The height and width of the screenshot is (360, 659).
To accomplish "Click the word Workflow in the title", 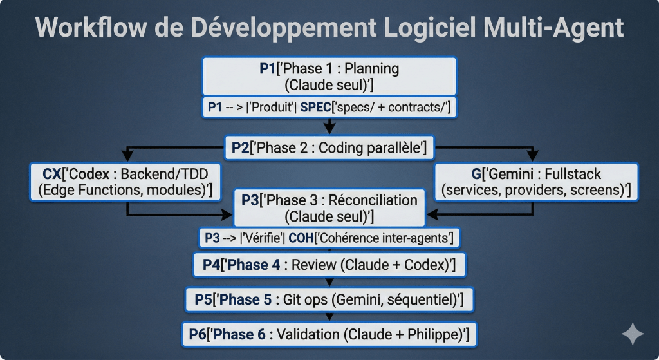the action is pyautogui.click(x=91, y=27).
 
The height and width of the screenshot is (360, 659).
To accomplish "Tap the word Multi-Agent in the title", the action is pyautogui.click(x=553, y=28).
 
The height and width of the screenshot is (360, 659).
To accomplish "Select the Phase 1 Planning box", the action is pyautogui.click(x=329, y=77).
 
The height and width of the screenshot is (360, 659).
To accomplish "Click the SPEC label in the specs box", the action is pyautogui.click(x=315, y=108).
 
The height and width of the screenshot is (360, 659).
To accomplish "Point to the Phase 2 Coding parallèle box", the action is pyautogui.click(x=329, y=147).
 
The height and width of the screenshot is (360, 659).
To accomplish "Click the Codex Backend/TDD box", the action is pyautogui.click(x=125, y=182).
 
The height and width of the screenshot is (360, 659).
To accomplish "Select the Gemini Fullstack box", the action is pyautogui.click(x=536, y=182).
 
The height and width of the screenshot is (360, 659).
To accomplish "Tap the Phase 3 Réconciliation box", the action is pyautogui.click(x=329, y=208).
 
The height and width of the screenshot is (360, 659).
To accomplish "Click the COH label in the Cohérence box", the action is pyautogui.click(x=301, y=238).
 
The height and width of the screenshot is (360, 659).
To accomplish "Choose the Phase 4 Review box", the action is pyautogui.click(x=329, y=265).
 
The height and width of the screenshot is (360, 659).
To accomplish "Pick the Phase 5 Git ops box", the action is pyautogui.click(x=329, y=300).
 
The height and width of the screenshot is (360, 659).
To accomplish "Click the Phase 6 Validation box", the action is pyautogui.click(x=329, y=335).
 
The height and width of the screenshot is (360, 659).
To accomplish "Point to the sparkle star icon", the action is pyautogui.click(x=633, y=334).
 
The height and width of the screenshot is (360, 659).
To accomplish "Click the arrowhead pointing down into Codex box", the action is pyautogui.click(x=127, y=156).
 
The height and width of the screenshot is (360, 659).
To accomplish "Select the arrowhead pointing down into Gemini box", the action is pyautogui.click(x=532, y=156).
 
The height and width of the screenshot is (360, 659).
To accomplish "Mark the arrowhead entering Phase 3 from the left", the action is pyautogui.click(x=227, y=215).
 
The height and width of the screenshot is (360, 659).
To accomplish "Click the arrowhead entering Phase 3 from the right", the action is pyautogui.click(x=432, y=215).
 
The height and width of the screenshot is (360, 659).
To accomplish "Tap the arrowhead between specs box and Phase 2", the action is pyautogui.click(x=329, y=127).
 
